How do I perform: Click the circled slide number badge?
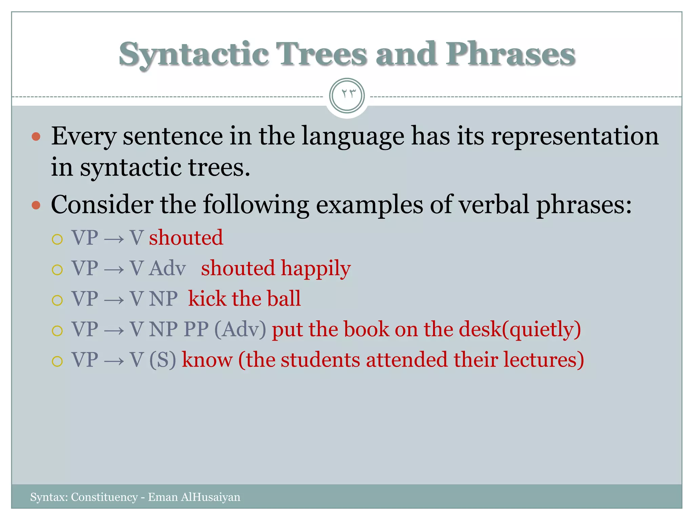(x=347, y=95)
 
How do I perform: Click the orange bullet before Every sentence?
(x=36, y=137)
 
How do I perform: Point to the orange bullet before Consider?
(x=36, y=205)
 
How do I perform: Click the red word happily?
(x=316, y=268)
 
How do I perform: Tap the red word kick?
(x=207, y=299)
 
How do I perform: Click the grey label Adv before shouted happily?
(x=167, y=268)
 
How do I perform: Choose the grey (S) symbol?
(x=163, y=360)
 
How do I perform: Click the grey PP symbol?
(x=196, y=329)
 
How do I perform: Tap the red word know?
(x=207, y=360)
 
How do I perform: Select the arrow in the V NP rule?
(x=114, y=300)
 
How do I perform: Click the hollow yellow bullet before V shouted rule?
(x=57, y=239)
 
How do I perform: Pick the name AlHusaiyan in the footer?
(x=210, y=497)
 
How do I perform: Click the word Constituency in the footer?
(x=104, y=497)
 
